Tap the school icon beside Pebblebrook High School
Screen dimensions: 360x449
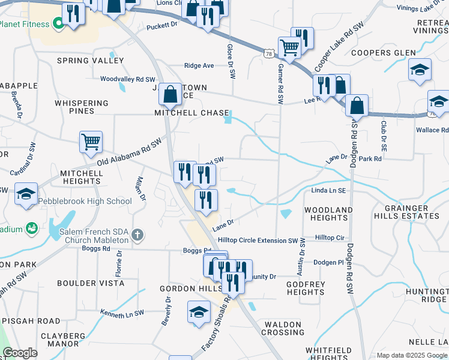click(26, 194)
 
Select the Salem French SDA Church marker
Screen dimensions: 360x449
click(137, 235)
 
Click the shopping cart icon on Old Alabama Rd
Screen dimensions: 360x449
click(91, 143)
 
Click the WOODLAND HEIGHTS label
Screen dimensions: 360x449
click(328, 214)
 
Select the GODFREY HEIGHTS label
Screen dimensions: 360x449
click(306, 288)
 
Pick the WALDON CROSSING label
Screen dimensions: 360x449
click(282, 328)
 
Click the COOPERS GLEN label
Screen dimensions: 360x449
click(383, 53)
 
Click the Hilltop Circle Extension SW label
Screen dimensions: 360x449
click(259, 240)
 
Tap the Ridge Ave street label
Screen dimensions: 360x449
click(199, 65)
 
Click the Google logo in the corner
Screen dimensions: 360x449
click(20, 353)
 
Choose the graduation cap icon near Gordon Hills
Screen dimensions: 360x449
click(199, 312)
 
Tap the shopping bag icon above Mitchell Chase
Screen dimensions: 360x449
click(170, 94)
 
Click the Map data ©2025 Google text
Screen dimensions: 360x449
click(412, 355)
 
